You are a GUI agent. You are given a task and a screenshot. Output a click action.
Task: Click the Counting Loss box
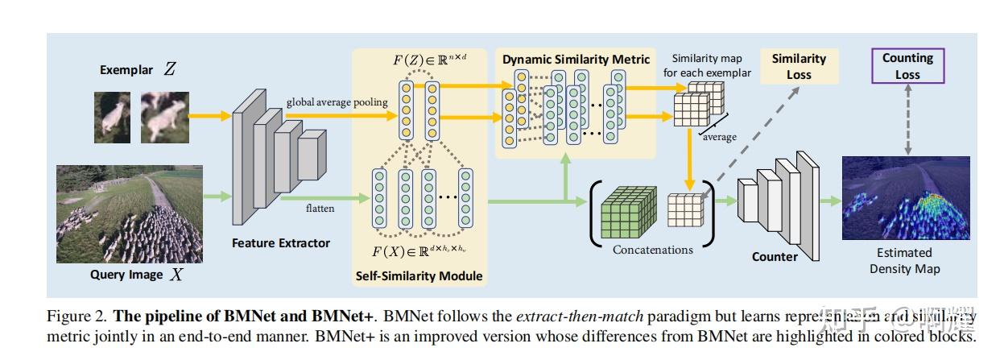click(907, 66)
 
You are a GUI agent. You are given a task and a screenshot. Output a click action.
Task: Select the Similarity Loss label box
click(798, 66)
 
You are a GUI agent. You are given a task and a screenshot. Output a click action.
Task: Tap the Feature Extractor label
click(281, 242)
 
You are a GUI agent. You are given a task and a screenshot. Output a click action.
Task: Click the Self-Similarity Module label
click(419, 276)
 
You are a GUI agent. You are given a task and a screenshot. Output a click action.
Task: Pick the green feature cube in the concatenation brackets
click(630, 212)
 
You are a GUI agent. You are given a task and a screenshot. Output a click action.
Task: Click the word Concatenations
click(652, 250)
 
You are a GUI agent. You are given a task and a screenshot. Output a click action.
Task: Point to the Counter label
click(775, 257)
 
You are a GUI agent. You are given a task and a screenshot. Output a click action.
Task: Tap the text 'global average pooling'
click(337, 102)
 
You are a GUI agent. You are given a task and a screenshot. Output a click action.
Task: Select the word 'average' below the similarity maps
click(719, 137)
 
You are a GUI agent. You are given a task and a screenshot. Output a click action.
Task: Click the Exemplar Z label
click(137, 70)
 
